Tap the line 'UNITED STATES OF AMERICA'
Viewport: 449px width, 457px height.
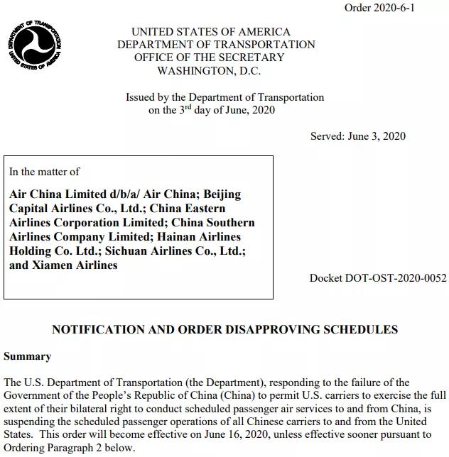coord(211,32)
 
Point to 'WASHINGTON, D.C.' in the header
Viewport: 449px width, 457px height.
coord(209,70)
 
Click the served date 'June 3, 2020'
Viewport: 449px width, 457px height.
coord(377,136)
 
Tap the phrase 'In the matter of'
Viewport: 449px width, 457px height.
coord(44,171)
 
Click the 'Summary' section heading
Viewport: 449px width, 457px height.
coord(27,356)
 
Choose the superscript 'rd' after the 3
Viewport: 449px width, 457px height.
coord(188,107)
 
